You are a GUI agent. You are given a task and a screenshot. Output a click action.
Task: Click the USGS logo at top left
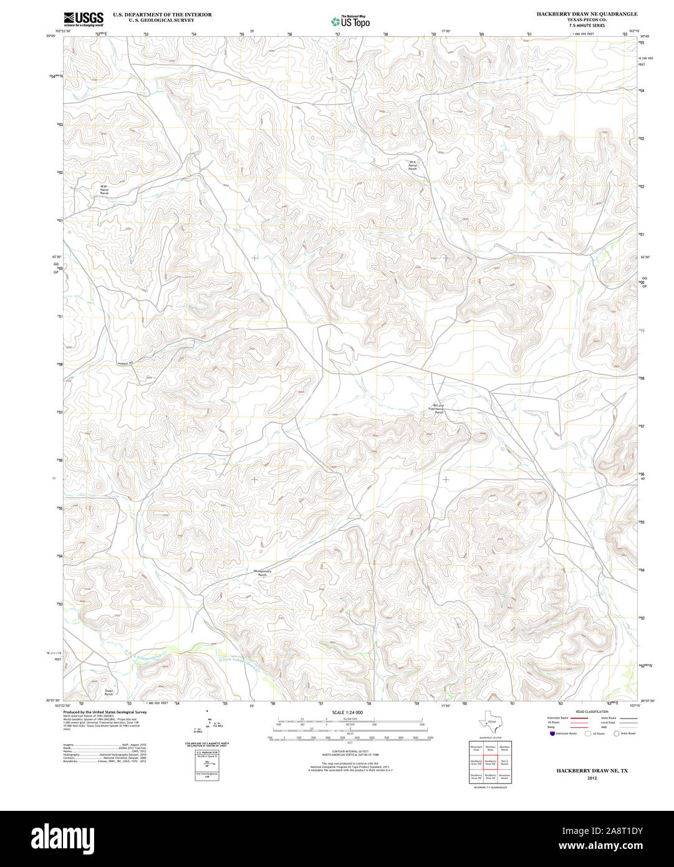[x=83, y=19]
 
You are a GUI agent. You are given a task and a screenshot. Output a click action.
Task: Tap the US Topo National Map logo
[x=350, y=21]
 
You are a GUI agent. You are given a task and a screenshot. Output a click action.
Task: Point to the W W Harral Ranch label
[x=104, y=190]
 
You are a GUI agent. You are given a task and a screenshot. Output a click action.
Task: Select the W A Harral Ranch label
[x=412, y=165]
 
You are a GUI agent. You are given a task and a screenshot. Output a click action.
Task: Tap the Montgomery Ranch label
[x=262, y=573]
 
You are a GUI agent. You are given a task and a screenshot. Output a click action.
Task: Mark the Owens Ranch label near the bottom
[x=108, y=692]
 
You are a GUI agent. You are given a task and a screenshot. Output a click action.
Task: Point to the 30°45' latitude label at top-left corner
[x=52, y=36]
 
